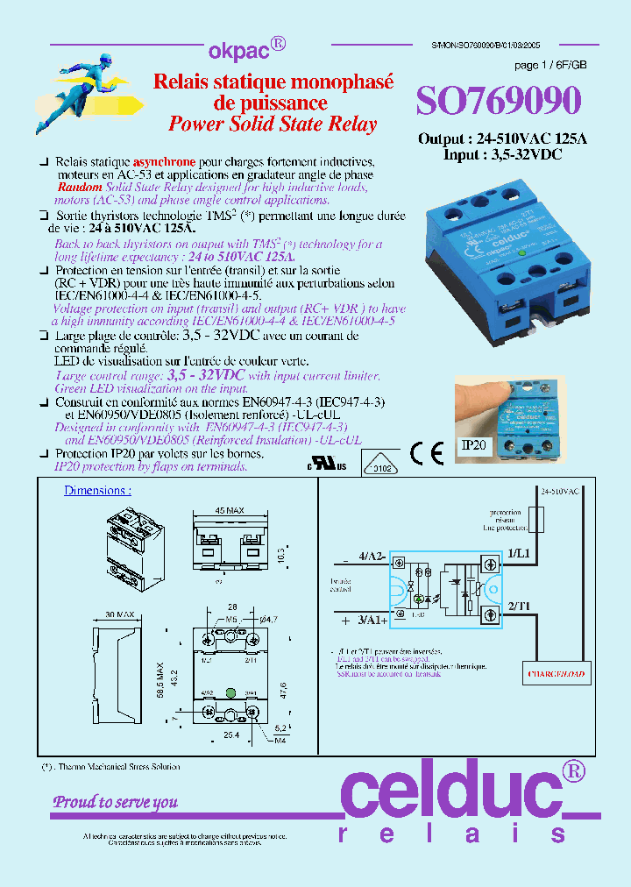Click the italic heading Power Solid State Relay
pyautogui.click(x=273, y=124)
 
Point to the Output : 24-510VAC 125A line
pyautogui.click(x=502, y=139)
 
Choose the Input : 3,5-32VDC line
pyautogui.click(x=502, y=154)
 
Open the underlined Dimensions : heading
pyautogui.click(x=97, y=491)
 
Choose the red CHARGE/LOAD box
pyautogui.click(x=557, y=675)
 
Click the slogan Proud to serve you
pyautogui.click(x=116, y=802)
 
